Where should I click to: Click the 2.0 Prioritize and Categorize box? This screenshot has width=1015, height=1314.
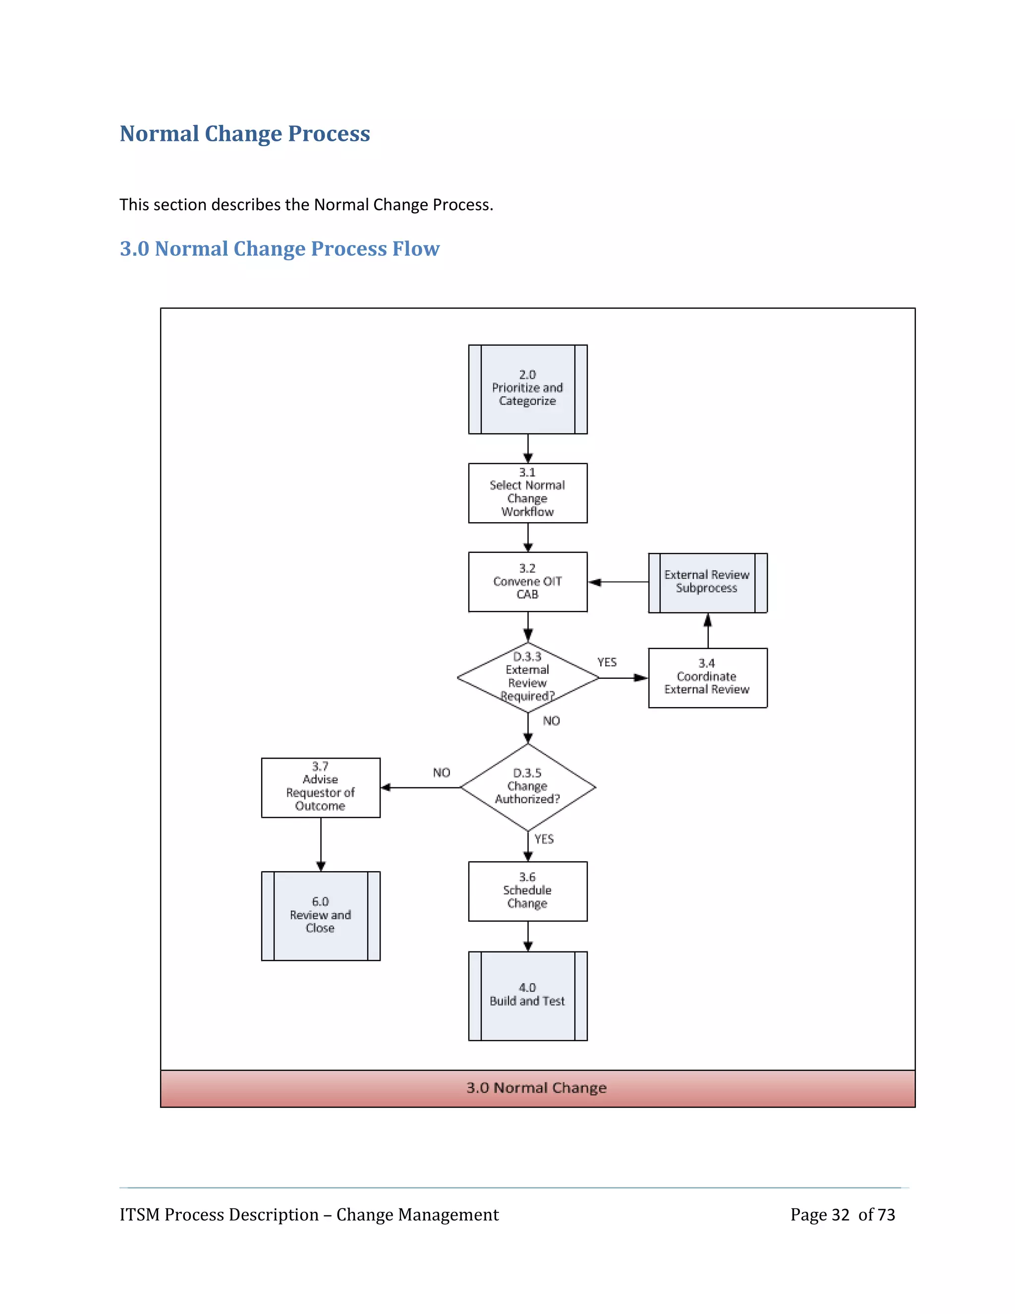pyautogui.click(x=527, y=389)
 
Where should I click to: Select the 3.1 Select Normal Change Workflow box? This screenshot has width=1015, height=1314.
pyautogui.click(x=527, y=493)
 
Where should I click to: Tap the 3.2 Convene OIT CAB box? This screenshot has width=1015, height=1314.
pyautogui.click(x=527, y=581)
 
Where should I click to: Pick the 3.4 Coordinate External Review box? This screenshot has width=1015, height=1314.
pyautogui.click(x=707, y=677)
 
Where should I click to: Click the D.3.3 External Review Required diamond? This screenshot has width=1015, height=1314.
pyautogui.click(x=527, y=677)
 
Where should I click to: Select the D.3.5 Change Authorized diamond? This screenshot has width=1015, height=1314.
pyautogui.click(x=527, y=786)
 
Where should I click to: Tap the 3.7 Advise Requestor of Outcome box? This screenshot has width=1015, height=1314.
pyautogui.click(x=321, y=787)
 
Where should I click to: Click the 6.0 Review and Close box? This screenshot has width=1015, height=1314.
pyautogui.click(x=321, y=915)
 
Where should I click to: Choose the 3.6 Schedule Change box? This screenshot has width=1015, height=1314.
pyautogui.click(x=527, y=891)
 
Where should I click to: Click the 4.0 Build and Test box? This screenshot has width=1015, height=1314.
pyautogui.click(x=527, y=995)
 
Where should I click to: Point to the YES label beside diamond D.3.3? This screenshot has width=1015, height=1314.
pyautogui.click(x=607, y=662)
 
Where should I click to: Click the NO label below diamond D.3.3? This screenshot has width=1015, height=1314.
pyautogui.click(x=551, y=721)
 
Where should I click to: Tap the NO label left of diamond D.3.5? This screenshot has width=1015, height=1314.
pyautogui.click(x=442, y=773)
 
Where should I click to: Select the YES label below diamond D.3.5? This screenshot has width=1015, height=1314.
pyautogui.click(x=544, y=838)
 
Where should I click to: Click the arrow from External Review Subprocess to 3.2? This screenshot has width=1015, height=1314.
pyautogui.click(x=618, y=582)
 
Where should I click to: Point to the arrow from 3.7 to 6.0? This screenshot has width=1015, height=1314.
pyautogui.click(x=321, y=844)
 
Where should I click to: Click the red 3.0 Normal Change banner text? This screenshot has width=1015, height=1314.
pyautogui.click(x=536, y=1088)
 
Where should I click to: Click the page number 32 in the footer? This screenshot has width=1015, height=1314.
pyautogui.click(x=840, y=1215)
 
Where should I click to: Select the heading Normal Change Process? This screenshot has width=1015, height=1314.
pyautogui.click(x=245, y=133)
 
